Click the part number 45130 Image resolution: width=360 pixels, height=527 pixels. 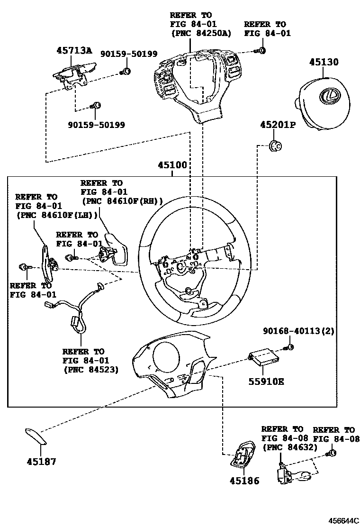tap(324, 62)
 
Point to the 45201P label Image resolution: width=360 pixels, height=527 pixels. tap(277, 126)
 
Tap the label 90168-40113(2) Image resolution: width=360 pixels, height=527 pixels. tap(299, 331)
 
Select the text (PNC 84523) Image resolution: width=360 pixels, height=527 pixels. tap(90, 369)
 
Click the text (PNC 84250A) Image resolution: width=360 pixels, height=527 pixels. tap(201, 33)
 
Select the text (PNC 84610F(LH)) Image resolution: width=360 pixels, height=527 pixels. tap(56, 215)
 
